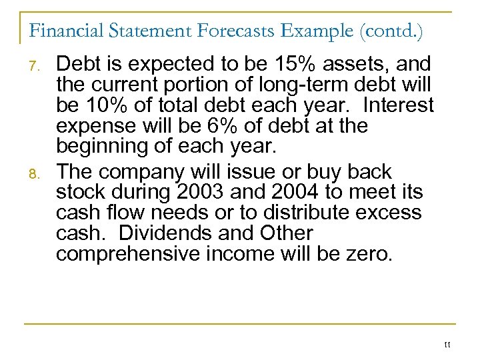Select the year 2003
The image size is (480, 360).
198,193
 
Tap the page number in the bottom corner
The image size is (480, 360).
447,345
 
